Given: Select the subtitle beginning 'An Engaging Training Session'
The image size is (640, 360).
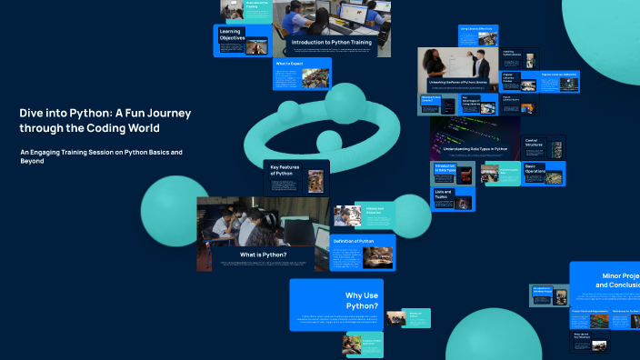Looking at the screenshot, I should pyautogui.click(x=101, y=155).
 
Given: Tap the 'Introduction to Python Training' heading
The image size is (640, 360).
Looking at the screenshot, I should pyautogui.click(x=332, y=42).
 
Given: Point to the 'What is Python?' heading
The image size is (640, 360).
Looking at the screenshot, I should pyautogui.click(x=263, y=255).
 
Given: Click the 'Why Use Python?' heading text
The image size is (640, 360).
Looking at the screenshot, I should pyautogui.click(x=362, y=301).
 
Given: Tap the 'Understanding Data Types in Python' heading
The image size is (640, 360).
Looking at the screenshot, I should pyautogui.click(x=475, y=148).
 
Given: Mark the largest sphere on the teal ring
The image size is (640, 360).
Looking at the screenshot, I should pyautogui.click(x=345, y=104).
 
